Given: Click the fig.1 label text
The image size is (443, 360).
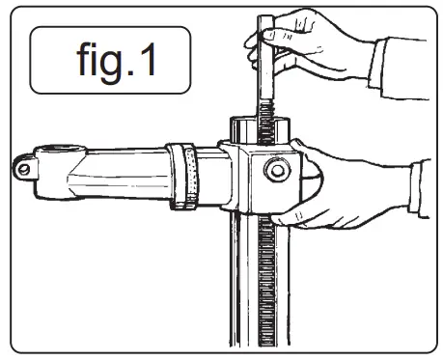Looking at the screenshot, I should pyautogui.click(x=105, y=60).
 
